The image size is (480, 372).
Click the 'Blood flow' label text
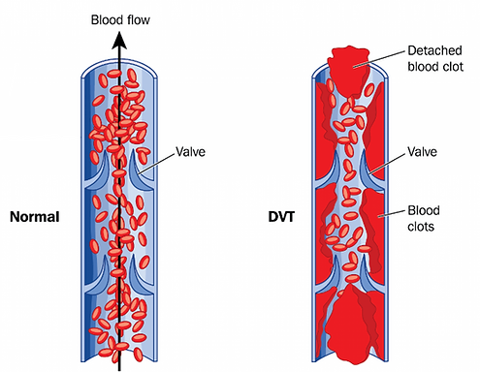tap(120, 19)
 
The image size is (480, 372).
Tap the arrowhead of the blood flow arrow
tap(120, 40)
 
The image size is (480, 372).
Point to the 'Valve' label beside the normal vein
tap(191, 151)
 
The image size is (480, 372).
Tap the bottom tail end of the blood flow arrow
tap(120, 366)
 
